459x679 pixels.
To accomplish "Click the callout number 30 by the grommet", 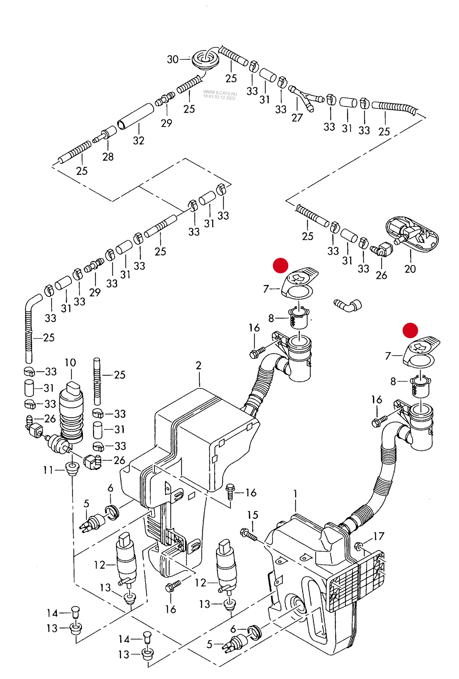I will pyautogui.click(x=172, y=59).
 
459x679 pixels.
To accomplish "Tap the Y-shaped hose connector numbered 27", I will pyautogui.click(x=304, y=97).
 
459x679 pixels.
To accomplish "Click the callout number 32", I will pyautogui.click(x=138, y=140).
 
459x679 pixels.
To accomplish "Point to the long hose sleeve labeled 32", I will pyautogui.click(x=136, y=116).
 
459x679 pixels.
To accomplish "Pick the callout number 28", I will pyautogui.click(x=108, y=157).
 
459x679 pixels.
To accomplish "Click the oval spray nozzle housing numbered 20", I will pyautogui.click(x=412, y=234).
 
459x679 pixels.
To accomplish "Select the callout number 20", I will pyautogui.click(x=410, y=269).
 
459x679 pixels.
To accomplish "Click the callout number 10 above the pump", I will pyautogui.click(x=70, y=363).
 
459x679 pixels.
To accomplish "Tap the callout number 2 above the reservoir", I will pyautogui.click(x=199, y=366).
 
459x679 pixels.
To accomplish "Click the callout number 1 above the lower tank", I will pyautogui.click(x=295, y=494).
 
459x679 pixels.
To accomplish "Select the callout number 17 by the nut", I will pyautogui.click(x=379, y=536).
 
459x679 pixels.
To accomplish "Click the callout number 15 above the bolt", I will pyautogui.click(x=253, y=515).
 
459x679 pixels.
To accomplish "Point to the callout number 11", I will pyautogui.click(x=48, y=470).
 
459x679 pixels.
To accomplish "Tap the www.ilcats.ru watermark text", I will pyautogui.click(x=220, y=93).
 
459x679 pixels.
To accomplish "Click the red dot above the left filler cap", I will pyautogui.click(x=280, y=265).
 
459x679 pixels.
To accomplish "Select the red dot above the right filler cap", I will pyautogui.click(x=410, y=330).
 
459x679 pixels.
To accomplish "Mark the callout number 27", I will pyautogui.click(x=297, y=118).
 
